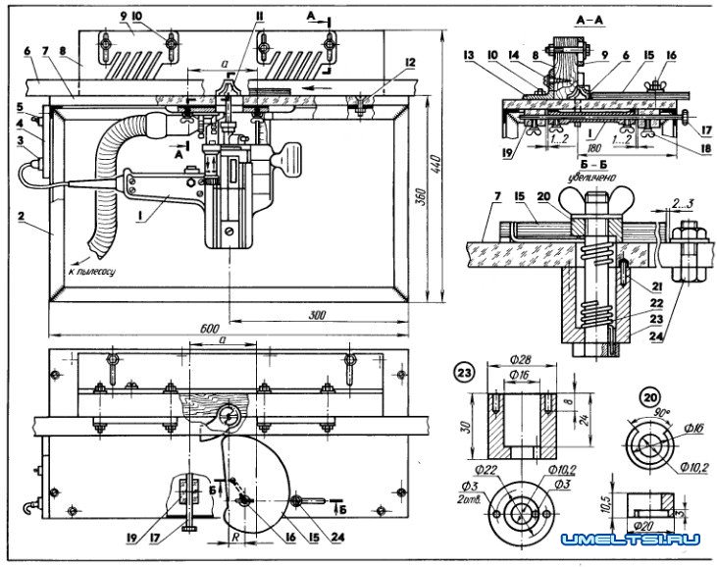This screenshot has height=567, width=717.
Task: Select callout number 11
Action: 259,19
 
